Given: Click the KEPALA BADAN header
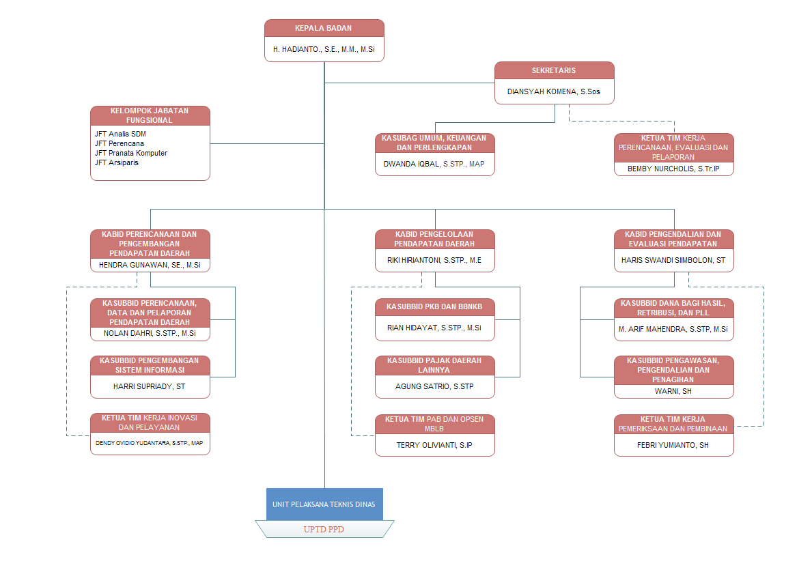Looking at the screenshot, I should coord(324,28).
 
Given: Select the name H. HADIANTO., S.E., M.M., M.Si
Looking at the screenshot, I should coord(324,50).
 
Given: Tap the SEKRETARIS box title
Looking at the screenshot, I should coord(554,70).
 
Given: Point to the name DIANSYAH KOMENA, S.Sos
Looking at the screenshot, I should coord(554,91).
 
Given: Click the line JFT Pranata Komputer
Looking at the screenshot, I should coord(131,153).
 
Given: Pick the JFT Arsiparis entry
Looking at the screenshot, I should coord(117,162).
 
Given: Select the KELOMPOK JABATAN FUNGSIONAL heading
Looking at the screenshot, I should coord(150,115).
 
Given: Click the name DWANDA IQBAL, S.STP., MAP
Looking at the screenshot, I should coord(435,164).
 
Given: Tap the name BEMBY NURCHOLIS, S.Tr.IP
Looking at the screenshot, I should coord(673,169).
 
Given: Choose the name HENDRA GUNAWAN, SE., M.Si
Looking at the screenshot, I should coord(150,265).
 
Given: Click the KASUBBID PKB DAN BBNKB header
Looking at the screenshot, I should coord(435,306).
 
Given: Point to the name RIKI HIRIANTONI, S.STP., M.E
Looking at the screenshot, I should coord(435,260).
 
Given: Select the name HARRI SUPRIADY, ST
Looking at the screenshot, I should coord(150,386).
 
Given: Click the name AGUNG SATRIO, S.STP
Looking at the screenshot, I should coord(435,386).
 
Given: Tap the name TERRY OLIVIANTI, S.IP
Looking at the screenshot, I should coord(435,444).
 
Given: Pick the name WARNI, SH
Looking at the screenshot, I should coord(673,392).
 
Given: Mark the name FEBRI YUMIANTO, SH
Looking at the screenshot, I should coord(673,444).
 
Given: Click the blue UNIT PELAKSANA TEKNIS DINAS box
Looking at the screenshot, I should coord(324,504).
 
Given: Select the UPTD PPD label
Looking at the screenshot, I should coord(324,529).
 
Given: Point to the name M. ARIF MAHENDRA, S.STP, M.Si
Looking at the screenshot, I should coord(673,328).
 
